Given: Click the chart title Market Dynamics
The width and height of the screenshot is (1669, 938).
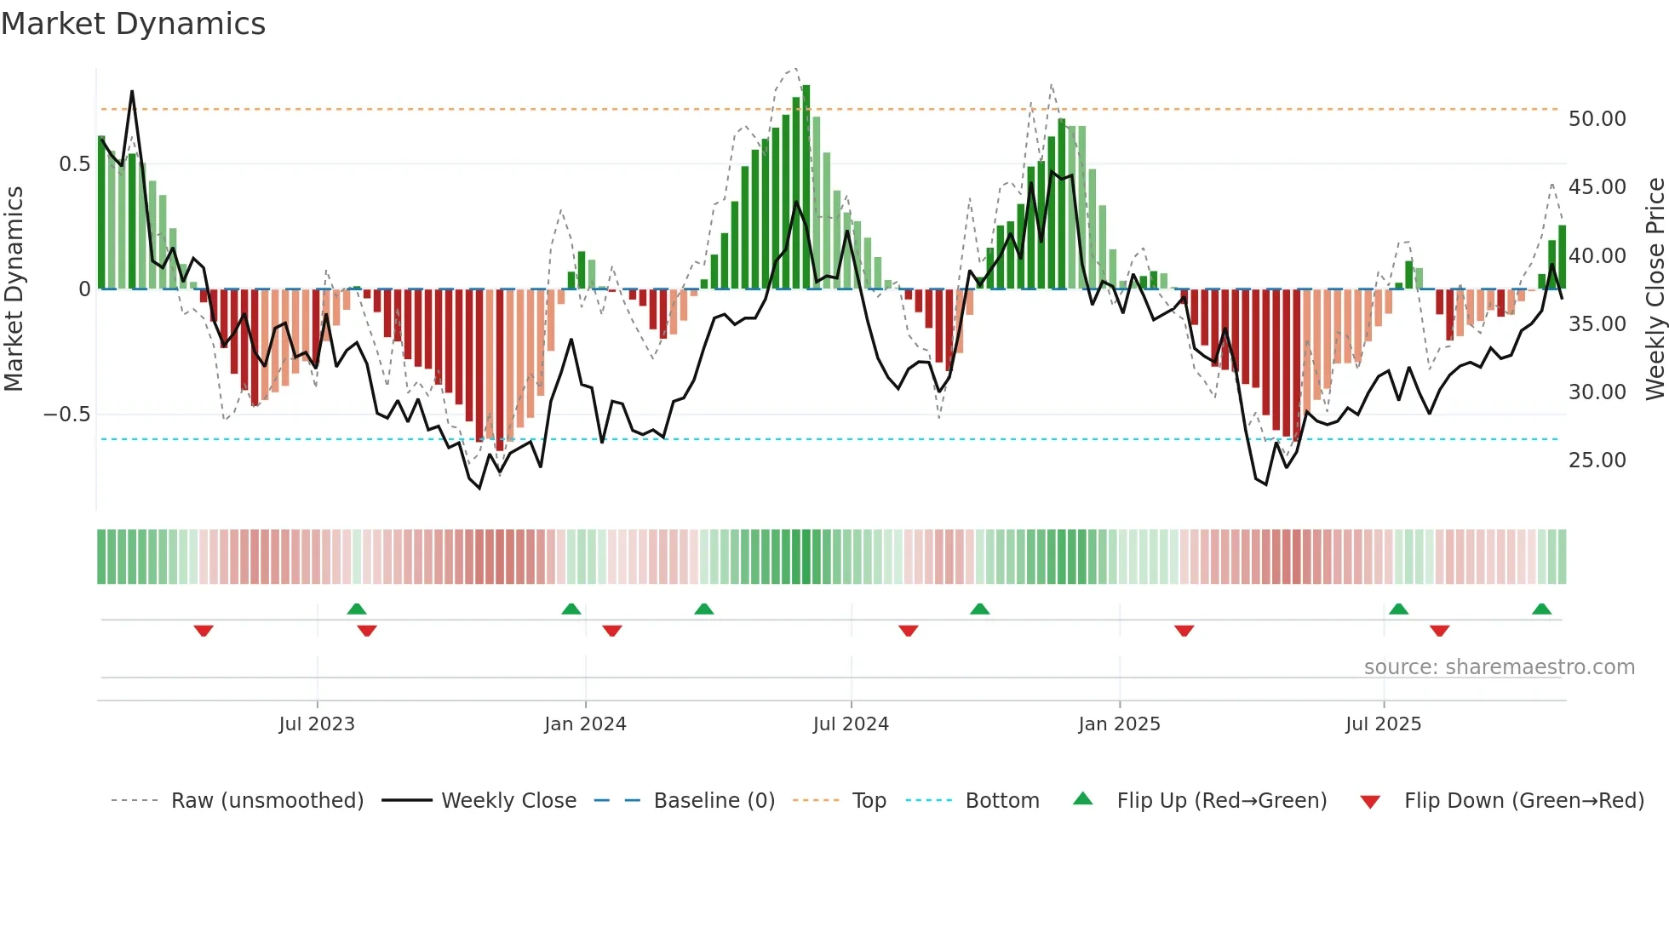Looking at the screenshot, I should click(134, 24).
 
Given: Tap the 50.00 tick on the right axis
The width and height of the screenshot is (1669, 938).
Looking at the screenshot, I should click(1597, 119).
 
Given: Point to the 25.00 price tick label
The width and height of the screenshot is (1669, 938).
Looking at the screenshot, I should click(1597, 460).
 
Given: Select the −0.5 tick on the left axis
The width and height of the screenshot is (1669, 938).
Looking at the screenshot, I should click(66, 415).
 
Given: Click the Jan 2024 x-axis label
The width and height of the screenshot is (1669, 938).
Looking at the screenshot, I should click(585, 724).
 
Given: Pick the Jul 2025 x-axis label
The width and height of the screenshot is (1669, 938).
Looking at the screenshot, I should click(1383, 724).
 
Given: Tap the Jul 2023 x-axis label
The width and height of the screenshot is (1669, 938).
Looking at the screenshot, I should click(317, 724).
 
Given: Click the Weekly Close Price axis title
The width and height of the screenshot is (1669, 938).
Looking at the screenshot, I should click(1654, 289).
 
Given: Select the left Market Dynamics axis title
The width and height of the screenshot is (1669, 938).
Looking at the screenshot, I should click(14, 289).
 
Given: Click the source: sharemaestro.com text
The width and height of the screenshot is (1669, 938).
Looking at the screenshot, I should click(1499, 667).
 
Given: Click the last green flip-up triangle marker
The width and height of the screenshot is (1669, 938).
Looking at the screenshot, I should click(1541, 609).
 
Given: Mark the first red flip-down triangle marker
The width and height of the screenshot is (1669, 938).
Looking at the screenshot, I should click(204, 630).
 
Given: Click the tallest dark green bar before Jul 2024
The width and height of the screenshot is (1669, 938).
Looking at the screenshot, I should click(806, 187).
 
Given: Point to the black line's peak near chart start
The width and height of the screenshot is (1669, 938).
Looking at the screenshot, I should click(132, 91).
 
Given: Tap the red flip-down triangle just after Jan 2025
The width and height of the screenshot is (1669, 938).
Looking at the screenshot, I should click(1184, 630).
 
